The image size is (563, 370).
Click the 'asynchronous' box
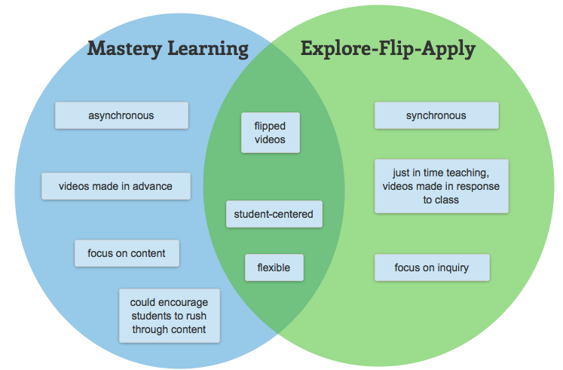pos(121,115)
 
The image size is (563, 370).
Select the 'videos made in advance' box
pos(116,186)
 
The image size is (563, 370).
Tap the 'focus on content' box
pos(127,253)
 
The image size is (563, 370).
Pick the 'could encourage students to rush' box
pos(170,315)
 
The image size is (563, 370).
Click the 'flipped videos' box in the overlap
pos(269,133)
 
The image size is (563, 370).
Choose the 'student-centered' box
pos(274,214)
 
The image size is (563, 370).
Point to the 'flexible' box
pos(274,268)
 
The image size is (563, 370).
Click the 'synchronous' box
pos(436,115)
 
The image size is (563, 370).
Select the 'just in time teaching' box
pos(441,186)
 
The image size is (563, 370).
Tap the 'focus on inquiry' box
pos(431,268)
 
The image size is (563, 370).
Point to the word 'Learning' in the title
pos(210,50)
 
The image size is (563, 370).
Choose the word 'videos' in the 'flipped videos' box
pos(269,140)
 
